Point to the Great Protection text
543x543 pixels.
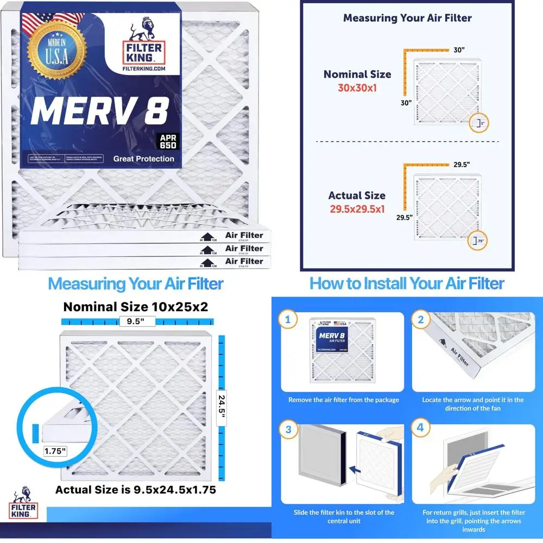(x=144, y=159)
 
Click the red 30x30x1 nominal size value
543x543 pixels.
(x=357, y=87)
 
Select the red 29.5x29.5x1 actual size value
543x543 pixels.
(x=357, y=208)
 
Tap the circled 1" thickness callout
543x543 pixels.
(x=479, y=123)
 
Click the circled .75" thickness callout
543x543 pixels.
(x=479, y=241)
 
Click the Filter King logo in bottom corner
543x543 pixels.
(x=23, y=502)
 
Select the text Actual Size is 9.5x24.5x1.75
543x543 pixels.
(x=136, y=489)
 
